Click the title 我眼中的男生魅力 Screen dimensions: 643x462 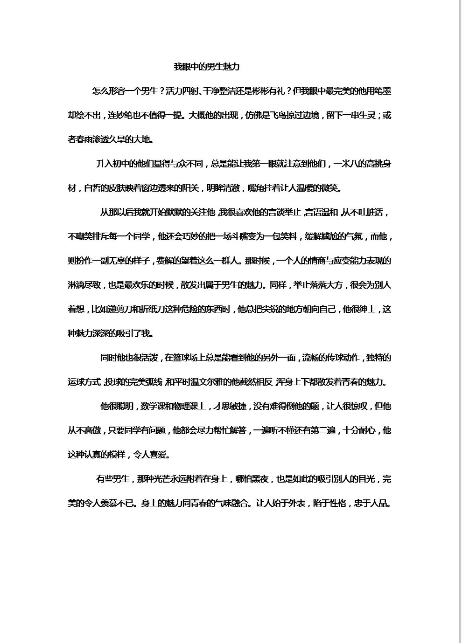point(206,67)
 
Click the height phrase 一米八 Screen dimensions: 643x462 point(347,164)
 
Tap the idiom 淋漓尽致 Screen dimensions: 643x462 point(84,285)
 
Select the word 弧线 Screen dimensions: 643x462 point(154,382)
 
